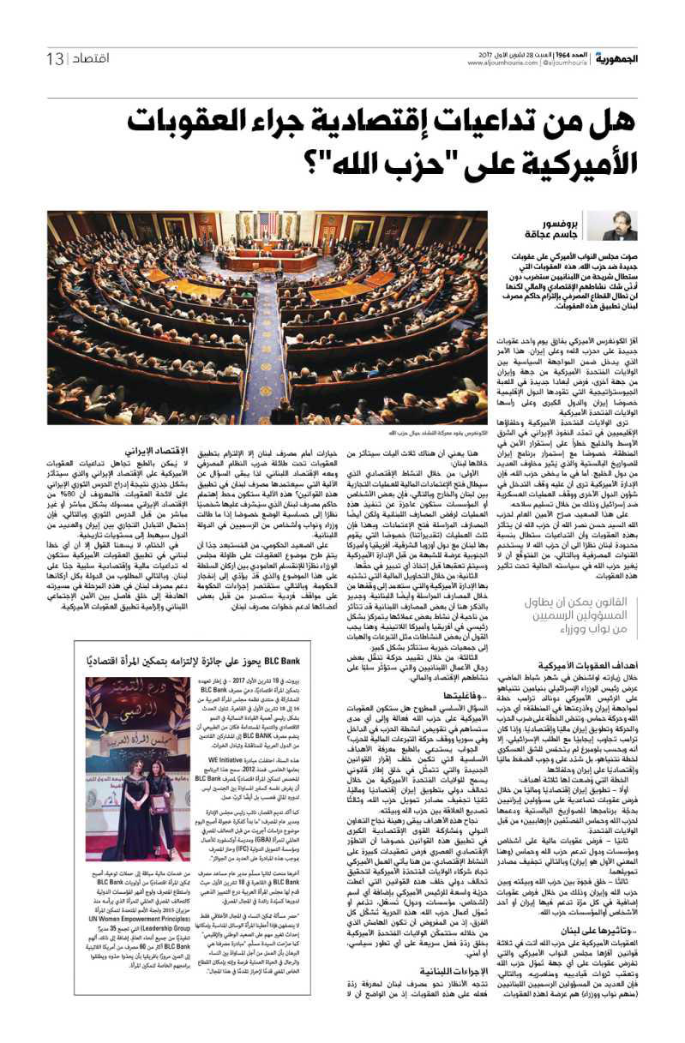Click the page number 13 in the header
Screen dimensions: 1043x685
55,58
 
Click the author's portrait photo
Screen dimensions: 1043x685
619,226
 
